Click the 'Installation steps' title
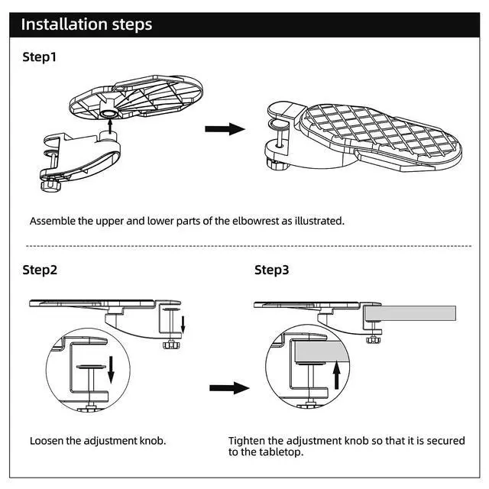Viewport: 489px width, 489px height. point(86,24)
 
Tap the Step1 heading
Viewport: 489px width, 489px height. point(40,57)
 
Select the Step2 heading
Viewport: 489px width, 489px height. point(40,270)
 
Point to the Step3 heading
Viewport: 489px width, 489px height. point(272,270)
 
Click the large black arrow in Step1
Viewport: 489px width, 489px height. point(225,129)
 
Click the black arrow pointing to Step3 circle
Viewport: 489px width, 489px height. point(229,388)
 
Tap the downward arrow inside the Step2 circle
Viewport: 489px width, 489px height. point(112,369)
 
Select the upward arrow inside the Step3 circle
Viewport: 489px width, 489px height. point(336,377)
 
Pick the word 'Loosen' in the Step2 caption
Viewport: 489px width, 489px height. point(48,441)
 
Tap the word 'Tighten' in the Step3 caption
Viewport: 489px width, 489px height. point(248,441)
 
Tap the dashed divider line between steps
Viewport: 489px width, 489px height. point(244,246)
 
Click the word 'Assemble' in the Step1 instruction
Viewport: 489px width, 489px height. point(53,221)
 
